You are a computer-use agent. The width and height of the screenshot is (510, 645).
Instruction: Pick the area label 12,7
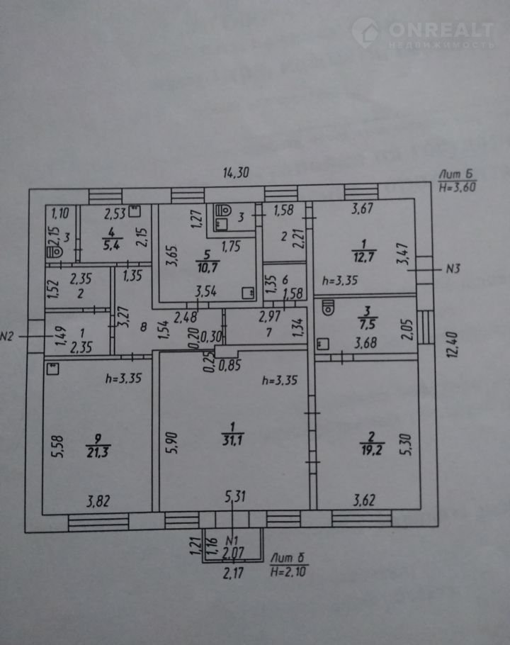pos(362,257)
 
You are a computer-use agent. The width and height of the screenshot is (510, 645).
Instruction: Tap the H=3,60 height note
pos(457,188)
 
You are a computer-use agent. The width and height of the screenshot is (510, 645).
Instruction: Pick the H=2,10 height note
pos(289,570)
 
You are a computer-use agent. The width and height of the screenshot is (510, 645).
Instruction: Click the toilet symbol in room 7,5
pos(329,308)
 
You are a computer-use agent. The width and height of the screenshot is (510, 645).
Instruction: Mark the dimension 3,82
pos(98,503)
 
